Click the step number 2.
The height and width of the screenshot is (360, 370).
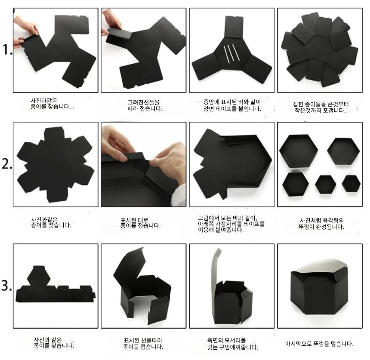pos(7,163)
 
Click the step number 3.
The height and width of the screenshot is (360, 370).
pos(6,285)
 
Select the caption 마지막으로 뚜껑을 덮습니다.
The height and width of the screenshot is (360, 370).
pos(319,344)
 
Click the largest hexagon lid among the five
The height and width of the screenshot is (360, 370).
pos(298,151)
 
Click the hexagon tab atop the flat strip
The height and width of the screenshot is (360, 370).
pos(39,275)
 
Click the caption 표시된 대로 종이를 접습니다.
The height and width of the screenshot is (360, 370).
pos(140,223)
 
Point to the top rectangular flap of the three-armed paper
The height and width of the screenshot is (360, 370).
pos(234,27)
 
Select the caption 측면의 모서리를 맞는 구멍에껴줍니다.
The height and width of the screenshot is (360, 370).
pos(232,344)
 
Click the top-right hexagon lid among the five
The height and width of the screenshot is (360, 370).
pos(344,151)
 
